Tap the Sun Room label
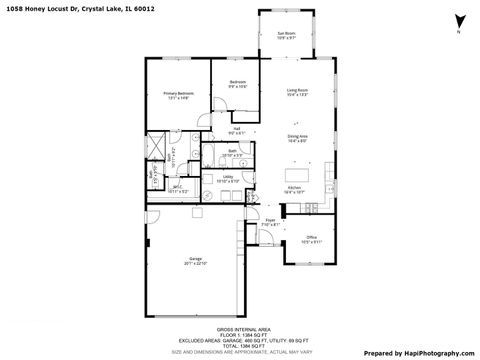[x=286, y=35]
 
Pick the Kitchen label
[x=295, y=189]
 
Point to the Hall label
[x=237, y=130]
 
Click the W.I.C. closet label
[x=176, y=188]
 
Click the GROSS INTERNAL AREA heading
[x=239, y=328]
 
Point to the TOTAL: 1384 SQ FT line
[x=239, y=343]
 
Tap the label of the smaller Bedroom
[x=237, y=84]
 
